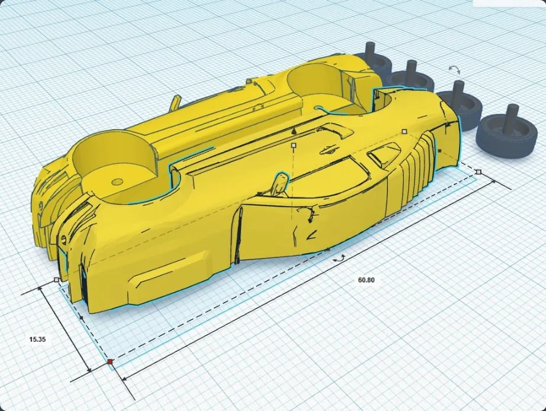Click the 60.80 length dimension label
[366, 280]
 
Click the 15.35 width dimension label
[38, 339]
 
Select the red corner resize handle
[111, 362]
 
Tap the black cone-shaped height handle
[294, 131]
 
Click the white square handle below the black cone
[294, 145]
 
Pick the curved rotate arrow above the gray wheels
[454, 69]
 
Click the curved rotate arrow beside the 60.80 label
[339, 258]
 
